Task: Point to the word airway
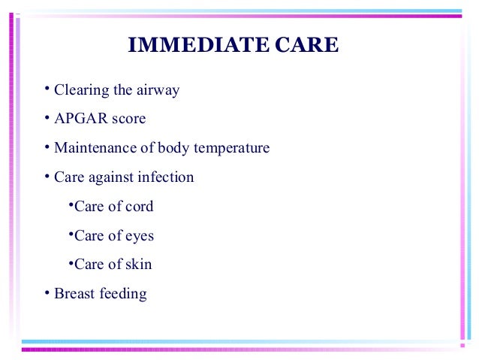[158, 91]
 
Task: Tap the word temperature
[231, 148]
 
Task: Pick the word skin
[138, 265]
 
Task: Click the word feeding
[122, 294]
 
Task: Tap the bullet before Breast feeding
[47, 292]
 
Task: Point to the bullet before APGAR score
[47, 118]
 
